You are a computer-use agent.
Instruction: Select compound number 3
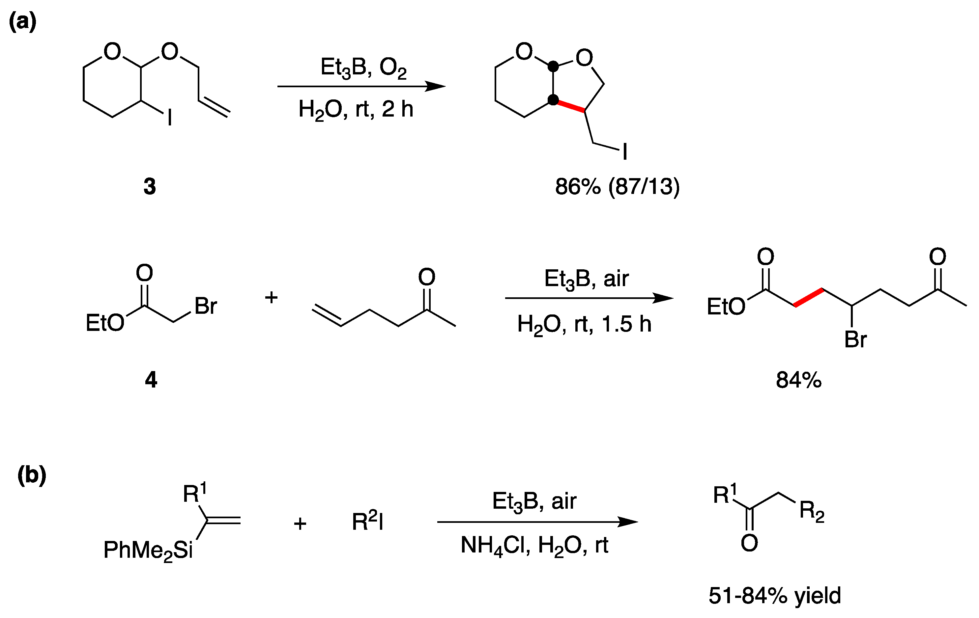[150, 186]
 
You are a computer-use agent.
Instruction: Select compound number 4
[151, 380]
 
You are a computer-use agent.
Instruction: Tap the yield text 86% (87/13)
[617, 186]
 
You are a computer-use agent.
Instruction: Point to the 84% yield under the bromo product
[798, 380]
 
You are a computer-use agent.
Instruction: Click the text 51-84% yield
[774, 596]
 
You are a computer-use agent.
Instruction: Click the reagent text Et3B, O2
[363, 67]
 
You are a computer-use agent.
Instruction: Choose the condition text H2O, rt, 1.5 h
[584, 324]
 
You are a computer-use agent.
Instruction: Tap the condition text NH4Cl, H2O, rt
[534, 545]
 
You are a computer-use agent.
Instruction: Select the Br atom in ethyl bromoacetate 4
[206, 306]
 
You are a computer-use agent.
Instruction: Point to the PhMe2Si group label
[148, 550]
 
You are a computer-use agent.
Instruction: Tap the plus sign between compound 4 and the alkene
[271, 298]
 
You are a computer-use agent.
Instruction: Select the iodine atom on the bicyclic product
[625, 151]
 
